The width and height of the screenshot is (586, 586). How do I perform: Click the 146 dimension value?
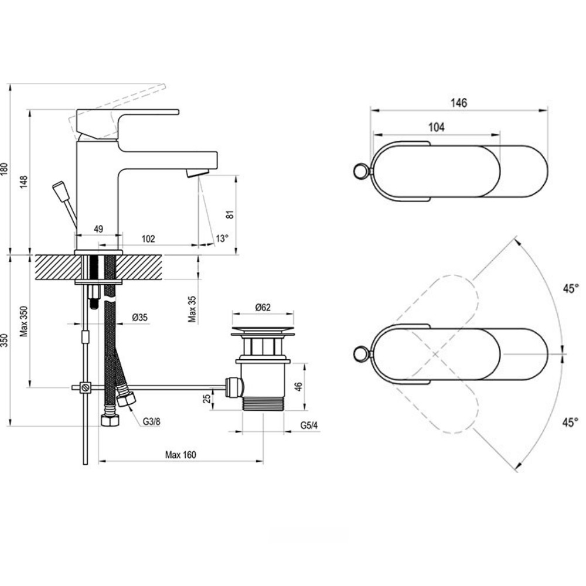click(459, 103)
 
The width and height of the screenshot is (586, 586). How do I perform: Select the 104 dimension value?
click(437, 127)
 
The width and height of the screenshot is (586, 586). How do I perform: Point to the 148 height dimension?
click(23, 181)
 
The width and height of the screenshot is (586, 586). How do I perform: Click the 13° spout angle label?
click(222, 239)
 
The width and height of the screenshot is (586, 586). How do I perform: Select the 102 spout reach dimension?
click(148, 239)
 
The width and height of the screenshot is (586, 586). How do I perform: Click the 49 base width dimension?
click(98, 229)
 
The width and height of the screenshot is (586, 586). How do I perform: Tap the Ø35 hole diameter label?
click(139, 318)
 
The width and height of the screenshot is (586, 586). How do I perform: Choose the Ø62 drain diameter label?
click(263, 306)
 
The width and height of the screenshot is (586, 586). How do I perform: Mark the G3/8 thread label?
click(151, 421)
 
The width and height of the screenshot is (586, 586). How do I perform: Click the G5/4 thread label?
click(308, 425)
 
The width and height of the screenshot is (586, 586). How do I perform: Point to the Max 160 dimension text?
click(180, 455)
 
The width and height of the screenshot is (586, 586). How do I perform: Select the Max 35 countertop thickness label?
click(192, 309)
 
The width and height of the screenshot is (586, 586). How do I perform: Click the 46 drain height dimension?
click(298, 386)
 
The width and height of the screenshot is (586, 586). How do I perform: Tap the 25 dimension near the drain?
click(207, 398)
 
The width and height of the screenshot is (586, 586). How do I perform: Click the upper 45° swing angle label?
click(570, 288)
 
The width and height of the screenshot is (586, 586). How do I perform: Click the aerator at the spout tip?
click(197, 173)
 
